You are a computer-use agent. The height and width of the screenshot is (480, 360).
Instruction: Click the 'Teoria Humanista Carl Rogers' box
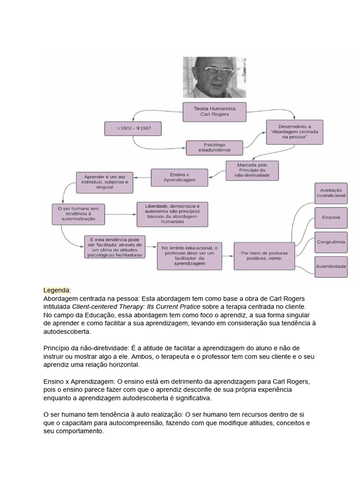[x=215, y=111]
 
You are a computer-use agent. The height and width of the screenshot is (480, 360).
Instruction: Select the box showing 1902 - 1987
[x=133, y=128]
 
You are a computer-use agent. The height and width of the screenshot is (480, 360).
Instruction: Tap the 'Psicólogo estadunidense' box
[x=215, y=148]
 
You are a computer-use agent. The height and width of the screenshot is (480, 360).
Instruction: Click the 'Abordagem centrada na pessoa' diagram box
[x=288, y=133]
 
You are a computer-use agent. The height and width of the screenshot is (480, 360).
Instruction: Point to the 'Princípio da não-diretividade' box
[x=252, y=171]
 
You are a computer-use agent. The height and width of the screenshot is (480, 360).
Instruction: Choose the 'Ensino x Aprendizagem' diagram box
[x=172, y=177]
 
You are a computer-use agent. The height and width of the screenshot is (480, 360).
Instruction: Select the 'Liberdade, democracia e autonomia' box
[x=172, y=214]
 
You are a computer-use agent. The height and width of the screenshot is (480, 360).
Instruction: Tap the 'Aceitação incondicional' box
[x=331, y=193]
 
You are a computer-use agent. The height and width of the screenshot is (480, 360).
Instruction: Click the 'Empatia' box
[x=331, y=217]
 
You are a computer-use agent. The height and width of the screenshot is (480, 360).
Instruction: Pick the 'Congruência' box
[x=331, y=242]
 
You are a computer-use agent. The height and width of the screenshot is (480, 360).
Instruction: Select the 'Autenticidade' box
[x=331, y=266]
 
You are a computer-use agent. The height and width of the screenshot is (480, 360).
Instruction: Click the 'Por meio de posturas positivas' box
[x=264, y=256]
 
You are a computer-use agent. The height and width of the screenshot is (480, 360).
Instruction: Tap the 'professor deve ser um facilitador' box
[x=190, y=256]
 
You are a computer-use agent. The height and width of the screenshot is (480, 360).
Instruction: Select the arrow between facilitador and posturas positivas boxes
[x=228, y=256]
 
